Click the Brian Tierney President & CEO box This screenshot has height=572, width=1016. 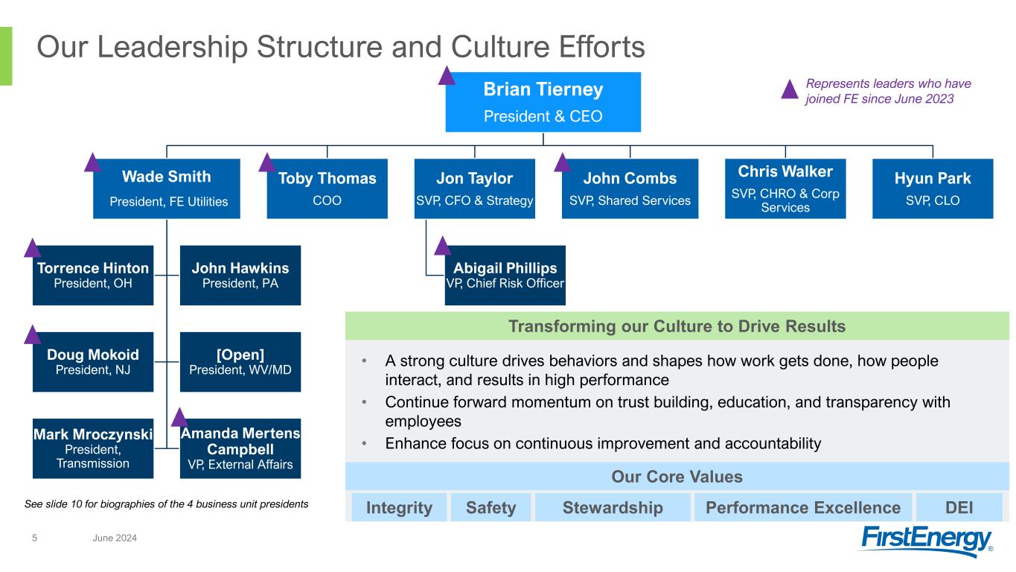543,102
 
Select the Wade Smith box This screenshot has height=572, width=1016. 166,188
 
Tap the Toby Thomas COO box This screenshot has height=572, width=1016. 327,188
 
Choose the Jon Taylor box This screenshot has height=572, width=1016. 474,188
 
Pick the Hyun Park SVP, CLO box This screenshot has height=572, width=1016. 932,188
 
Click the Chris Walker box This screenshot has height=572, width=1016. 785,188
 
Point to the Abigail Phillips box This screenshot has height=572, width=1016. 505,275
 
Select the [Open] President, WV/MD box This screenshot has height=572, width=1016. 240,361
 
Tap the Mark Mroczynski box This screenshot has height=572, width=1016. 92,448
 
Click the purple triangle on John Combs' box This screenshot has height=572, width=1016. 563,163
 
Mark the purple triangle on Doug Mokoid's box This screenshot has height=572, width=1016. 33,335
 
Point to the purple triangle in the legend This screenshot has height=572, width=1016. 790,90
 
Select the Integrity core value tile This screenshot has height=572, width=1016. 399,508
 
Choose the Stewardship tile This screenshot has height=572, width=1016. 613,508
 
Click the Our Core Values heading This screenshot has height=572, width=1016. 677,476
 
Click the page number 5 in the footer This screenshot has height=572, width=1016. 34,538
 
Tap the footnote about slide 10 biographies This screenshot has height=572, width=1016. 166,504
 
